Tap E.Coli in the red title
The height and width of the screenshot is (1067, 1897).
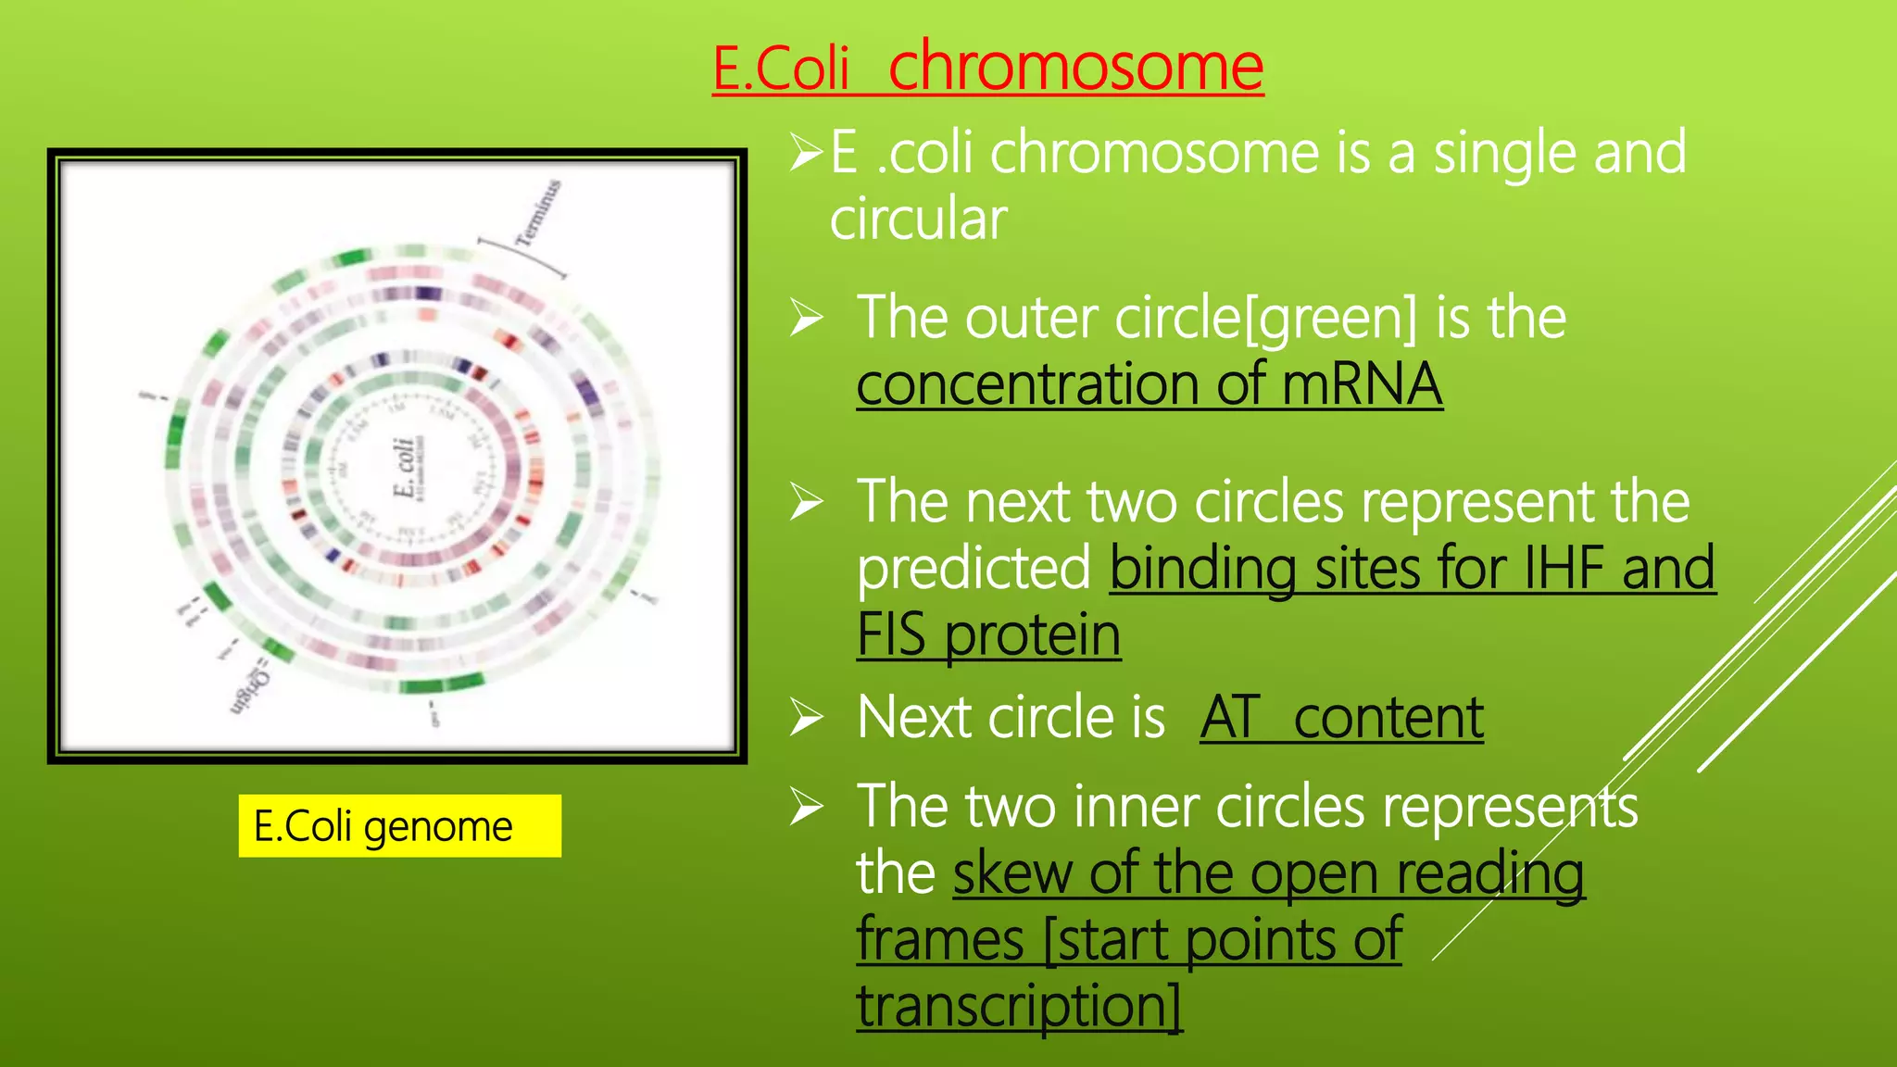pos(781,69)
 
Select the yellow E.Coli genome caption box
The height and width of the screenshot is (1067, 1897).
pos(399,825)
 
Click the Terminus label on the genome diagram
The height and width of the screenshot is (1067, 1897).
pos(538,213)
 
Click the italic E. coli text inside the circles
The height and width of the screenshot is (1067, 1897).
pos(405,468)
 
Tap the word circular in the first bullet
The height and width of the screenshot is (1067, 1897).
pos(917,220)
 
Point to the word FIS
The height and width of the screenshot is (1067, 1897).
pos(891,635)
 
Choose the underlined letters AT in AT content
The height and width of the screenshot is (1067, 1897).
pos(1230,718)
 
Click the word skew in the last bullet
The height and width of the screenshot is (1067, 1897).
pos(1011,873)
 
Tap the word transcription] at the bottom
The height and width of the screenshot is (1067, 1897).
pos(1019,1007)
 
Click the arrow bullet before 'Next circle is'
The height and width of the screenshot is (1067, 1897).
pos(806,719)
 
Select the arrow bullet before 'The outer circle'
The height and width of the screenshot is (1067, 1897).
pos(806,320)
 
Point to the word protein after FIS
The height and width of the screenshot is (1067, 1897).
pos(1032,635)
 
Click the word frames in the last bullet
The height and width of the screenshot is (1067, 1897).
pos(939,940)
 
